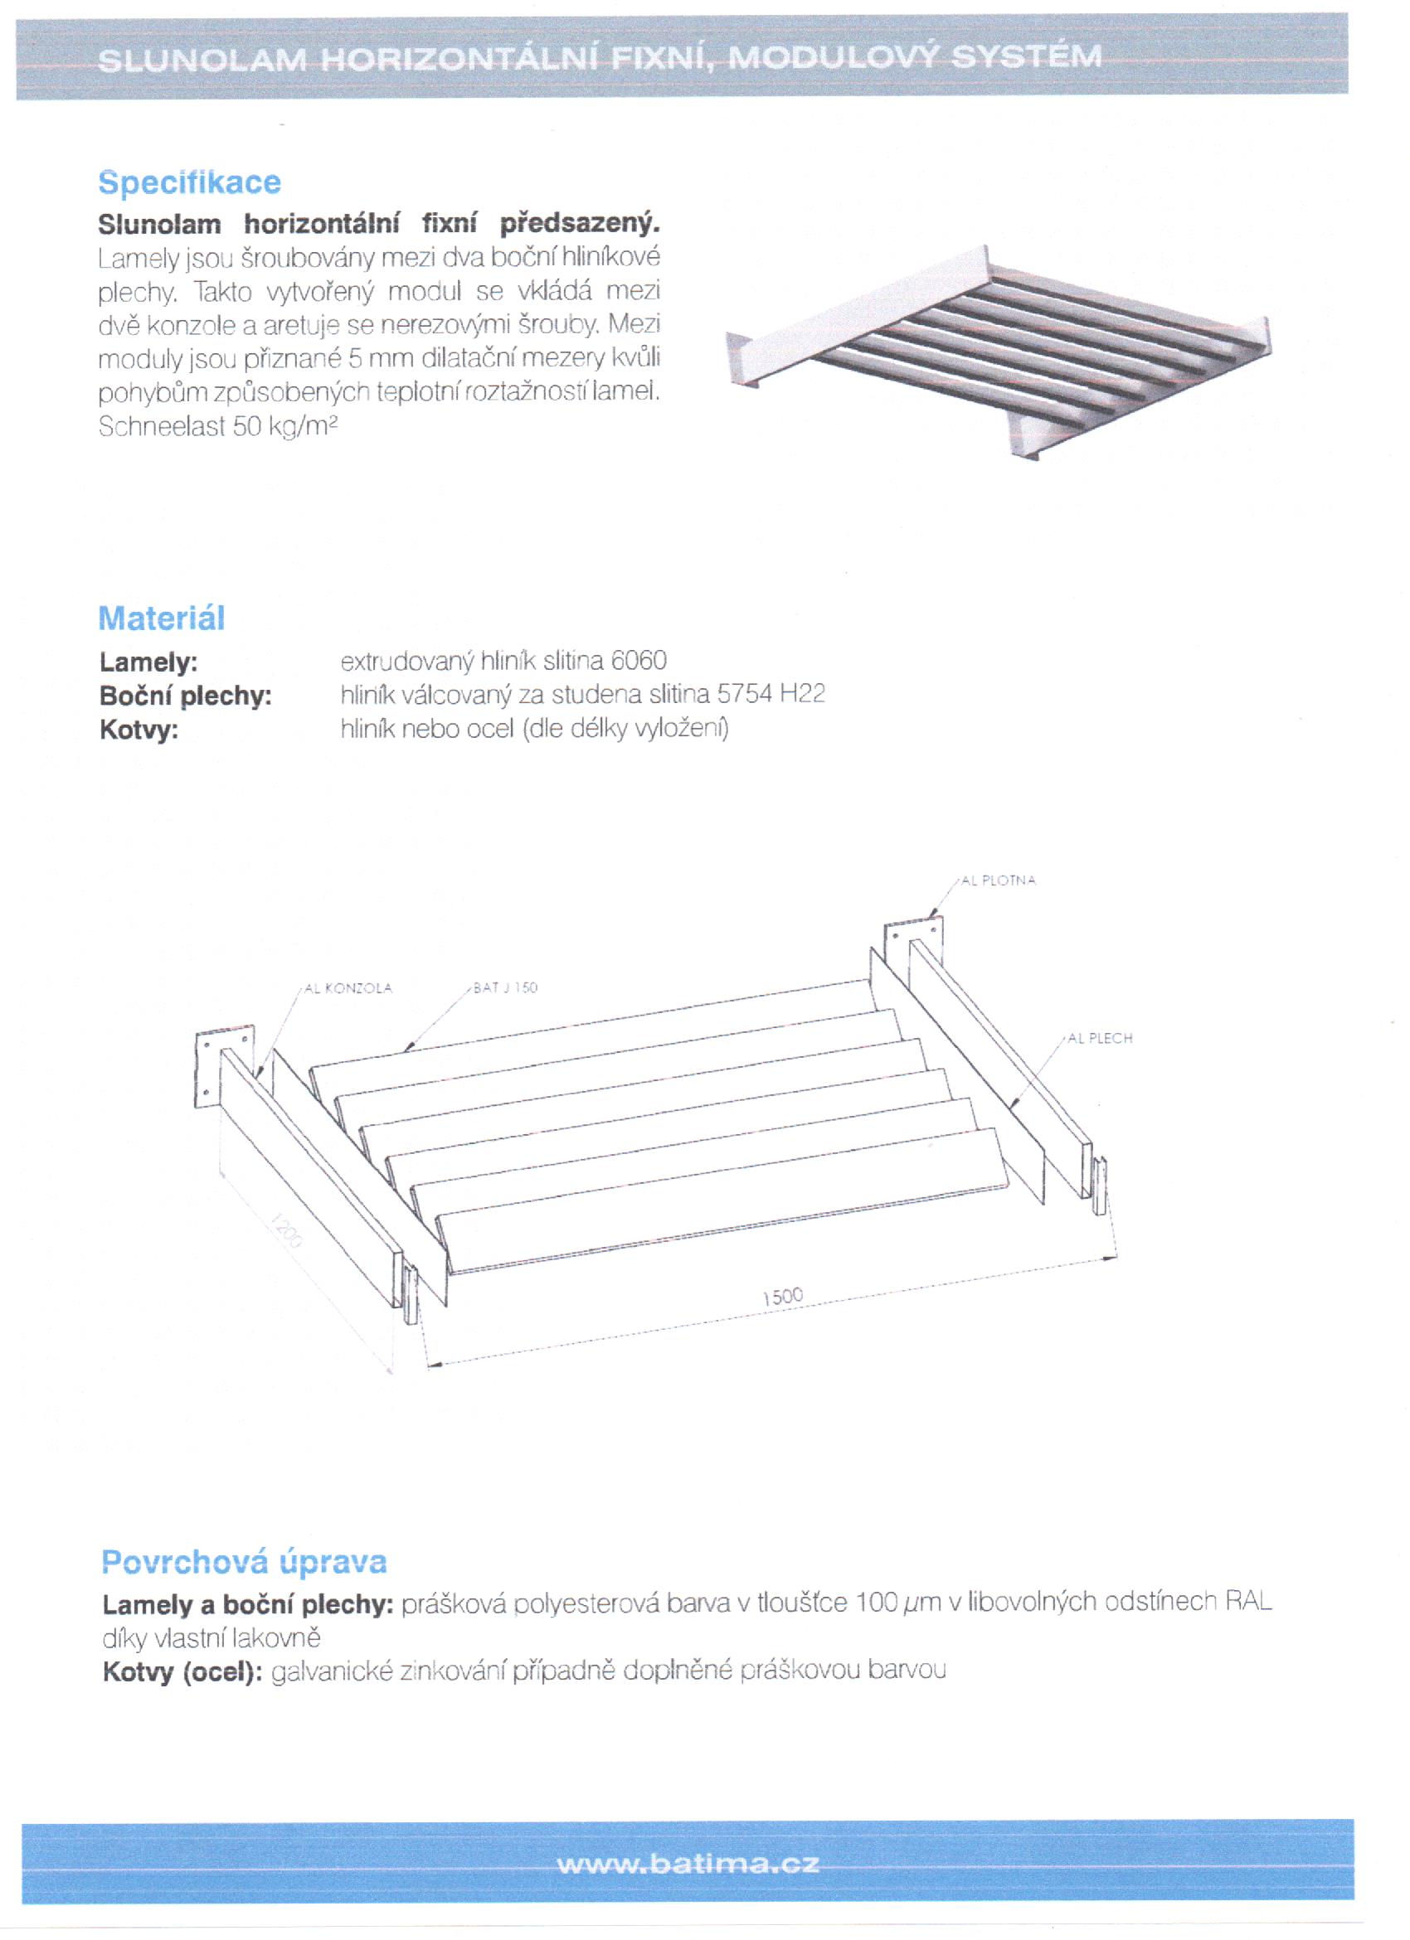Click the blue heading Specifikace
[189, 182]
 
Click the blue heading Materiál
[162, 618]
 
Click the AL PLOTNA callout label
[999, 880]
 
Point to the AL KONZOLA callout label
[348, 988]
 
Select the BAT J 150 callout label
[506, 988]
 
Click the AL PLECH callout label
[1101, 1039]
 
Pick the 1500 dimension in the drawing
[783, 1297]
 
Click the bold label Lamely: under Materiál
[148, 662]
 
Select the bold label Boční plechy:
[186, 696]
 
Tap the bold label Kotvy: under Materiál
[139, 730]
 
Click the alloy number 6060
[639, 661]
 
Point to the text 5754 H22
[771, 694]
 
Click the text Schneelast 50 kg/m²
[218, 426]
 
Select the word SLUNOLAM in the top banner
[202, 60]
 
